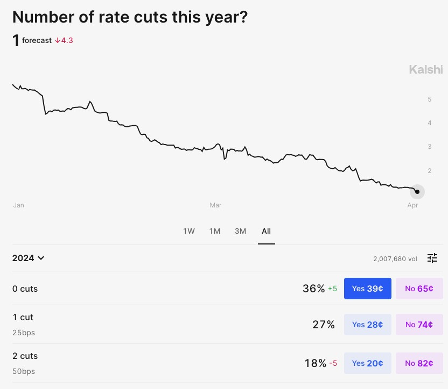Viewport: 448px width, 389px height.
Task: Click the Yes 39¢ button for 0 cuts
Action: coord(367,289)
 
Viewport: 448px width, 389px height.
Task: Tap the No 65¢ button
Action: coord(419,289)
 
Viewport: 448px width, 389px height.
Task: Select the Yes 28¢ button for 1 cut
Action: coord(367,325)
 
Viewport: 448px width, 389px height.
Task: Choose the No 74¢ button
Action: coord(419,325)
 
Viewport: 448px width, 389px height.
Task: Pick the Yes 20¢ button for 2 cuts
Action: coord(367,363)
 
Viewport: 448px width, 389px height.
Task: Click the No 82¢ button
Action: coord(419,363)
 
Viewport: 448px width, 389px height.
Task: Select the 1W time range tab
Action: coord(188,231)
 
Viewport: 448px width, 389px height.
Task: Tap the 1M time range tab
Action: coord(215,231)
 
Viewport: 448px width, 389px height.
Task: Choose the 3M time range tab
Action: coord(240,231)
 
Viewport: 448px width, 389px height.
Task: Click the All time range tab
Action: coord(266,231)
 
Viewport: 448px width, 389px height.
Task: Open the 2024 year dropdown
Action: coord(28,258)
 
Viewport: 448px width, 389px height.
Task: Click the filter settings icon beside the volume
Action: coord(432,258)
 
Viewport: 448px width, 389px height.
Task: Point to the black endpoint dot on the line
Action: coord(417,191)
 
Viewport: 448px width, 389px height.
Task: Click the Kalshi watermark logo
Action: coord(426,69)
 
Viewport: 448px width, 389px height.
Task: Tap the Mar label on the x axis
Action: coord(215,205)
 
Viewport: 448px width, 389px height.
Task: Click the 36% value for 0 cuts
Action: coord(313,289)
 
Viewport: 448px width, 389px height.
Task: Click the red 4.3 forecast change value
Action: coord(64,40)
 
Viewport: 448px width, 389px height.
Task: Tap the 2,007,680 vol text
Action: coord(395,258)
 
